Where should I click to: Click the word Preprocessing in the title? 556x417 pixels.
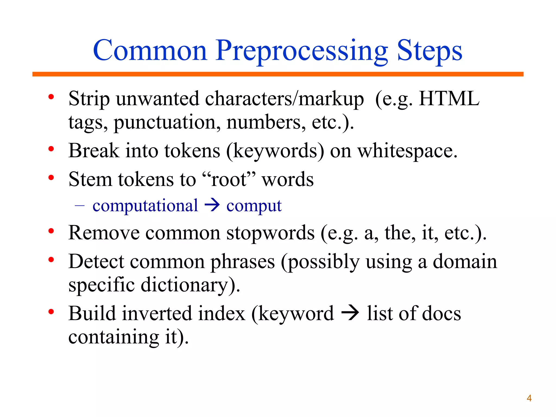[302, 51]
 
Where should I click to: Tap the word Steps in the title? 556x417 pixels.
[429, 51]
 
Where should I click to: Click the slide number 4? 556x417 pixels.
[529, 398]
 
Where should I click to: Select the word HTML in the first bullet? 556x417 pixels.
[449, 98]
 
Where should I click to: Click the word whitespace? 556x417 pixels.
[407, 151]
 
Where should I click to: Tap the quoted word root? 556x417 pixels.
[229, 179]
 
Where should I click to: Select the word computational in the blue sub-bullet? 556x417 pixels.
[145, 206]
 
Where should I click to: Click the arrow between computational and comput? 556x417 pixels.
[212, 205]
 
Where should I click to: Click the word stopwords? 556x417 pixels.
[270, 233]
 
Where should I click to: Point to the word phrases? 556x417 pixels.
[243, 262]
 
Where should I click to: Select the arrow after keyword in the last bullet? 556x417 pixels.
[350, 314]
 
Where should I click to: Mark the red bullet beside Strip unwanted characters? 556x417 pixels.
[51, 97]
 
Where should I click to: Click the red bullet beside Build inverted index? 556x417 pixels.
[51, 312]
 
